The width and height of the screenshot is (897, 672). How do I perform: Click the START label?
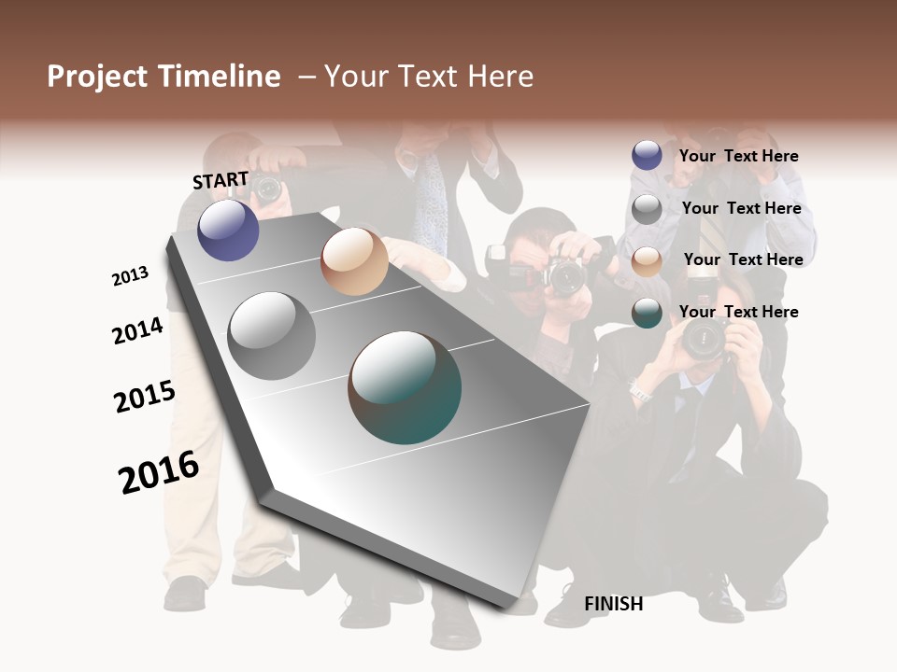point(221,180)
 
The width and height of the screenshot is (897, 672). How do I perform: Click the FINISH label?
point(613,604)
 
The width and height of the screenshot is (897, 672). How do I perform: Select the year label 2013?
point(130,276)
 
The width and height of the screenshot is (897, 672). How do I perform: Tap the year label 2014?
point(137,331)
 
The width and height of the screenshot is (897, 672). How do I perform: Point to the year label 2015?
point(145,397)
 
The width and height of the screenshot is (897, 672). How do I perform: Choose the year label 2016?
point(159,472)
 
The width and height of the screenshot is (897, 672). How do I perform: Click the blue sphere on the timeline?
point(228,230)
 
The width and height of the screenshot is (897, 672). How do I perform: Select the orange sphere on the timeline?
point(354,261)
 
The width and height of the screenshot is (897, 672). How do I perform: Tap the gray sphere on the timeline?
point(272,335)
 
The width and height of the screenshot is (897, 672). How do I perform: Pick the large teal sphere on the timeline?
point(405,387)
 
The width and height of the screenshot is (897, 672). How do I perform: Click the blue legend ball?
point(647,155)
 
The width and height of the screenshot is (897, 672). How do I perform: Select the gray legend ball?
point(647,209)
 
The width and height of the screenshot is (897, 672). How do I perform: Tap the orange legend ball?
point(647,261)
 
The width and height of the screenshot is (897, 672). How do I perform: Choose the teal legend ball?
point(647,314)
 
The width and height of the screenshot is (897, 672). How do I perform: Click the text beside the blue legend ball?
point(738,156)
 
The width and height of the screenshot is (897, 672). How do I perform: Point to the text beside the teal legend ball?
point(738,312)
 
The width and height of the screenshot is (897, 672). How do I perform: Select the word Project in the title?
point(97,77)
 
